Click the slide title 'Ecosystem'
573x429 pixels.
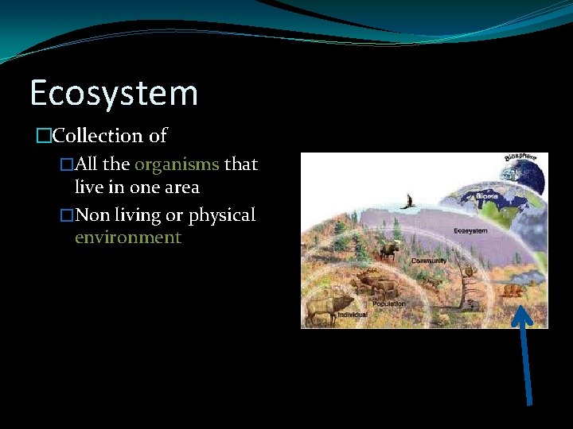click(114, 94)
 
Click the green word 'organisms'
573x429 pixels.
click(177, 164)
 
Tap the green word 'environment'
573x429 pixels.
click(128, 238)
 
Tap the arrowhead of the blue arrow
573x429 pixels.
click(521, 315)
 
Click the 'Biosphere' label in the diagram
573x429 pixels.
click(520, 162)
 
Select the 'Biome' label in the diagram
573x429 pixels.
click(487, 195)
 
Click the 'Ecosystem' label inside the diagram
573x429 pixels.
click(470, 231)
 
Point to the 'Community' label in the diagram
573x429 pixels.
click(429, 261)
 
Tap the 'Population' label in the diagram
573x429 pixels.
click(389, 303)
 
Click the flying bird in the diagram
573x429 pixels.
click(408, 202)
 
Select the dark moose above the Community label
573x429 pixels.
click(389, 252)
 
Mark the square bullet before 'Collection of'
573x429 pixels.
click(43, 136)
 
